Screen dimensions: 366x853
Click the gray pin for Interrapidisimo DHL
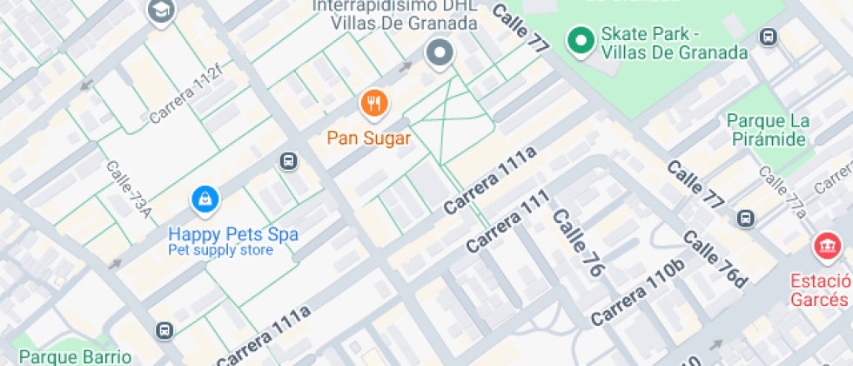point(440,54)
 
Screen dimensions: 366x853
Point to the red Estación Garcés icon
point(823,247)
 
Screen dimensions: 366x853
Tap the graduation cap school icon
point(162,11)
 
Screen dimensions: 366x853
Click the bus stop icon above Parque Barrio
point(164,330)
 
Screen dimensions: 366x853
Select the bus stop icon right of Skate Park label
point(768,37)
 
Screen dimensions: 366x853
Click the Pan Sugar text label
point(369,138)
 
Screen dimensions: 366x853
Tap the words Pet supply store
point(220,251)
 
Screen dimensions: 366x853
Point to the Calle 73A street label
point(129,188)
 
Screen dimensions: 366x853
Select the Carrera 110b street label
point(637,294)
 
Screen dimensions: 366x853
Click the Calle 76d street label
point(715,259)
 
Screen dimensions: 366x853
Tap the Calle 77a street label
point(784,190)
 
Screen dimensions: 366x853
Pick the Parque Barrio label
point(75,356)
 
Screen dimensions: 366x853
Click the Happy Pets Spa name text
point(232,234)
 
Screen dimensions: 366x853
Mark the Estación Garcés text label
point(820,290)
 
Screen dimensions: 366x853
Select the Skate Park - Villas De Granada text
point(673,44)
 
